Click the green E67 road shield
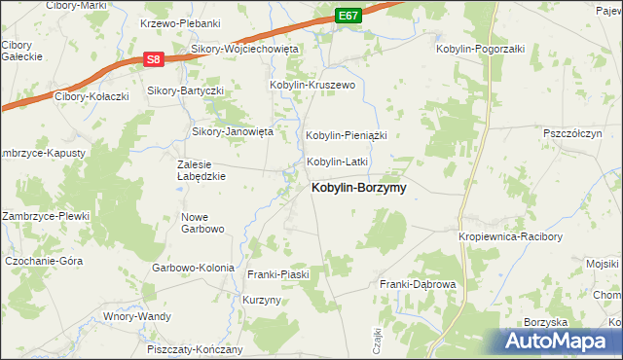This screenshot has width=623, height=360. [350, 17]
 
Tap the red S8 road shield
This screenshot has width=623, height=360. [152, 59]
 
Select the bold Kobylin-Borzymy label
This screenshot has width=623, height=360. [358, 188]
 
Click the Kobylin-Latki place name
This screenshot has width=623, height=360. [337, 162]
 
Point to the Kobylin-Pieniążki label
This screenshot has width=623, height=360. [348, 135]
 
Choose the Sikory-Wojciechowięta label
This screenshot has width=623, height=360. [244, 49]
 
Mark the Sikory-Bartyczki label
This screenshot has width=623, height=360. [186, 90]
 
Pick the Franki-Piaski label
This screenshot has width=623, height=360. [278, 274]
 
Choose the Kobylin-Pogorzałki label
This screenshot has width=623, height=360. [481, 49]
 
